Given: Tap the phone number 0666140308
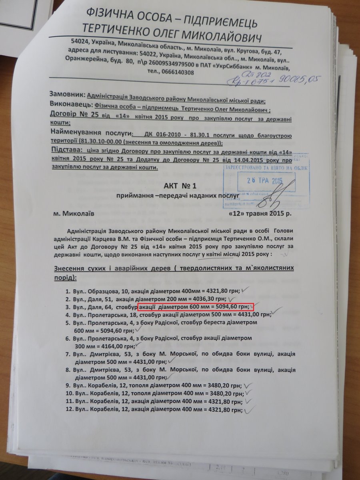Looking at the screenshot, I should pyautogui.click(x=176, y=72).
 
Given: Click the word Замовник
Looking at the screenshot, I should pyautogui.click(x=67, y=95).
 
